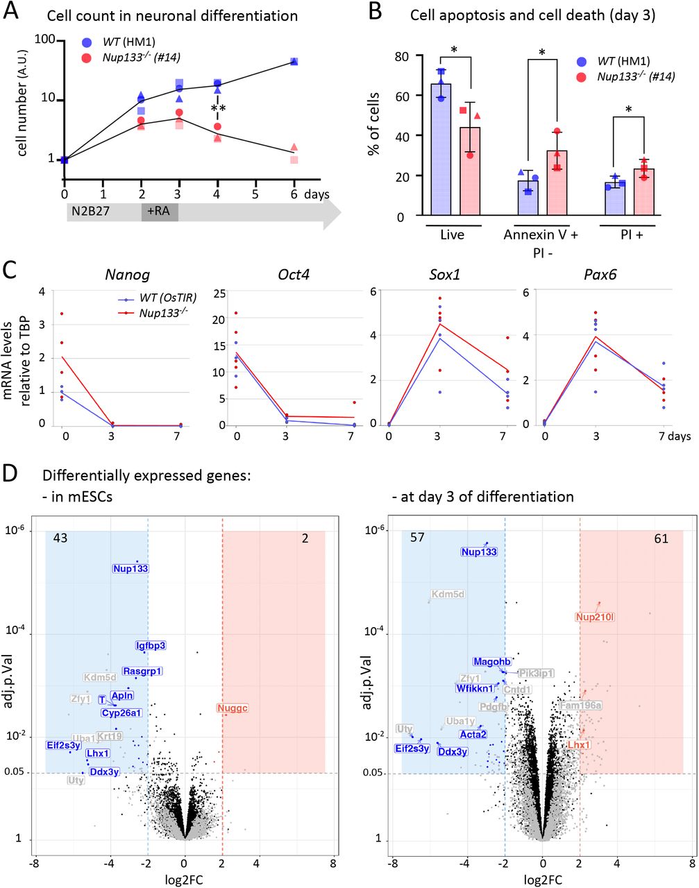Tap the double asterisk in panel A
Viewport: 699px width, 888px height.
(x=218, y=109)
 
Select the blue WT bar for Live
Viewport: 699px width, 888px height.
(x=441, y=149)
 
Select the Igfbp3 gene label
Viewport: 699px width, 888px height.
(x=151, y=645)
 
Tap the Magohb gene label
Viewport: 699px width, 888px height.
(x=492, y=661)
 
